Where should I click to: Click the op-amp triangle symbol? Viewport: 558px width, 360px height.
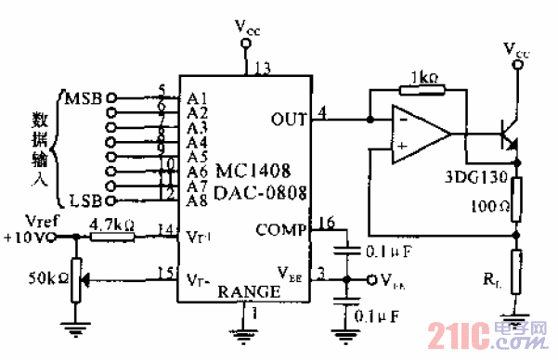[418, 134]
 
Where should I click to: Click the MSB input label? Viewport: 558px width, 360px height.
[84, 96]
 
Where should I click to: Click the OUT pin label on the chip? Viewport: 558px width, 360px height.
[288, 118]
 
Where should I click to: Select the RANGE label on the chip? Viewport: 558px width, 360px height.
[249, 291]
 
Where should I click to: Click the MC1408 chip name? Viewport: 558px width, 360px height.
[253, 173]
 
